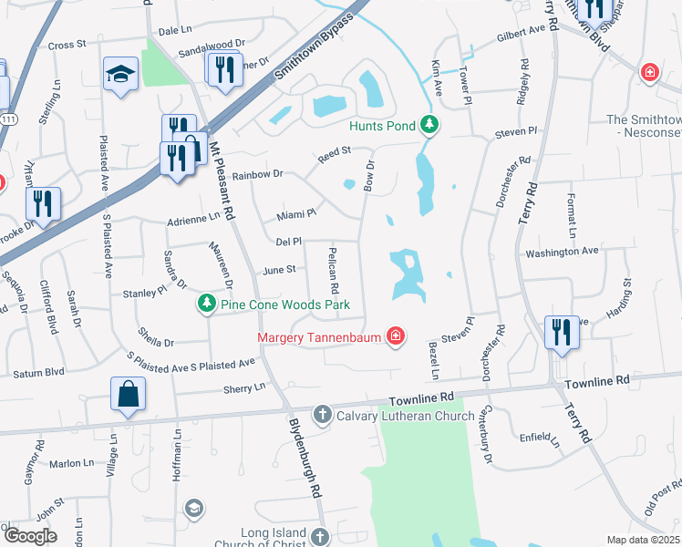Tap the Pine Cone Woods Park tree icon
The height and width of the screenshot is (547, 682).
[207, 303]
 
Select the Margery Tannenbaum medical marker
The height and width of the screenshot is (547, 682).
[395, 337]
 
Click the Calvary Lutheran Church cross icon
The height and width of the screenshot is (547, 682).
[321, 416]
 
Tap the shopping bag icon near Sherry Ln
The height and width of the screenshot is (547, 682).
[129, 395]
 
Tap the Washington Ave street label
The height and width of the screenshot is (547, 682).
[561, 250]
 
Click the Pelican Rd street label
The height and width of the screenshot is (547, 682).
[334, 271]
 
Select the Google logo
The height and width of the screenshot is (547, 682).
[29, 536]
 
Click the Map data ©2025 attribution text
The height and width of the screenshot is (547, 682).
[643, 540]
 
